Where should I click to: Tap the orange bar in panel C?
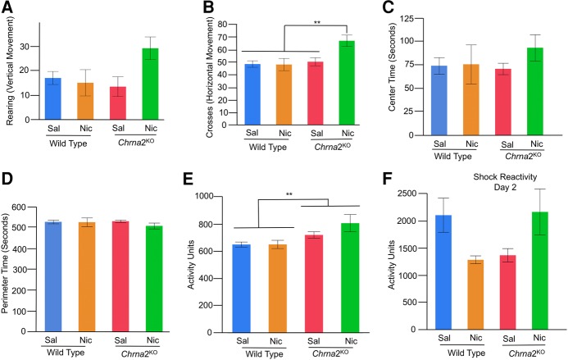471,94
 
